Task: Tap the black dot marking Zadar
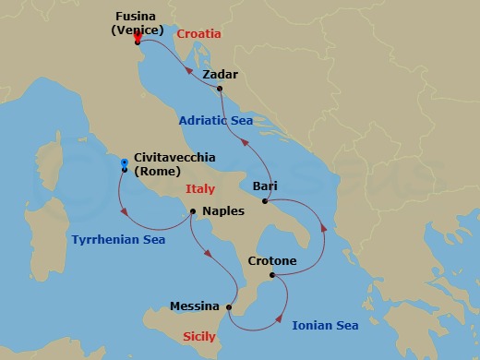coord(220,89)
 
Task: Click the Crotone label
coord(272,261)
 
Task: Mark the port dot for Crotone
coord(270,275)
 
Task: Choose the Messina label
coord(195,306)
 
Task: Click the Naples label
coord(222,211)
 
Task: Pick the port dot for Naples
coord(192,211)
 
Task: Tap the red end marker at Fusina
coord(137,37)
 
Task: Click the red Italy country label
coord(199,189)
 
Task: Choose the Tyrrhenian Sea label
coord(118,240)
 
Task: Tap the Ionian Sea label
coord(325,325)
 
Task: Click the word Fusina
coord(137,16)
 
